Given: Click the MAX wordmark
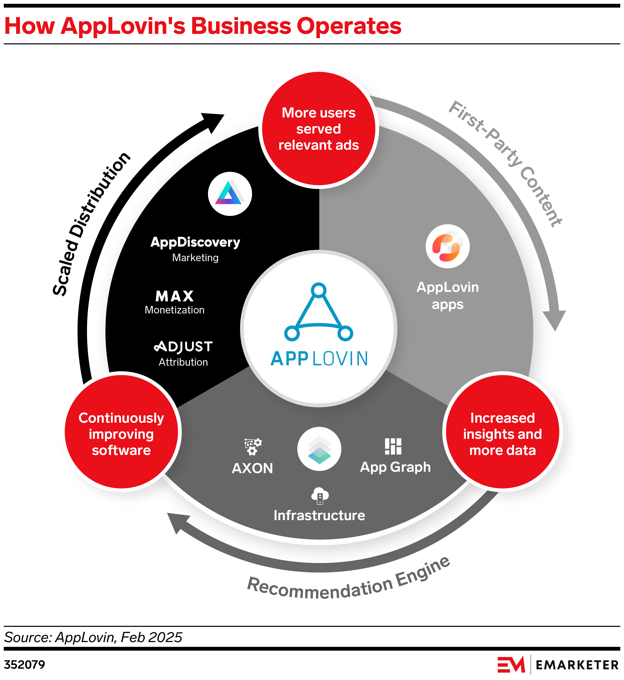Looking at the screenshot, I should pyautogui.click(x=174, y=296).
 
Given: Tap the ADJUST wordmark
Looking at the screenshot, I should pyautogui.click(x=183, y=346).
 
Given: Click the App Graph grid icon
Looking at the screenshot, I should pyautogui.click(x=393, y=447).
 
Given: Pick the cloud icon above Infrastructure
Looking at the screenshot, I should pyautogui.click(x=319, y=496).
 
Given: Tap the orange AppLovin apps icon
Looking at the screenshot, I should pyautogui.click(x=447, y=246).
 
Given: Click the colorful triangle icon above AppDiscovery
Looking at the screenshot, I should pyautogui.click(x=230, y=194).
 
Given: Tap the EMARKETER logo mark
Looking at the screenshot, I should pyautogui.click(x=511, y=665).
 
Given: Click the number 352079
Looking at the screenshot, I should pyautogui.click(x=24, y=665).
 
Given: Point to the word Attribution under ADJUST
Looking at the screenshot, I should pyautogui.click(x=183, y=362).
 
